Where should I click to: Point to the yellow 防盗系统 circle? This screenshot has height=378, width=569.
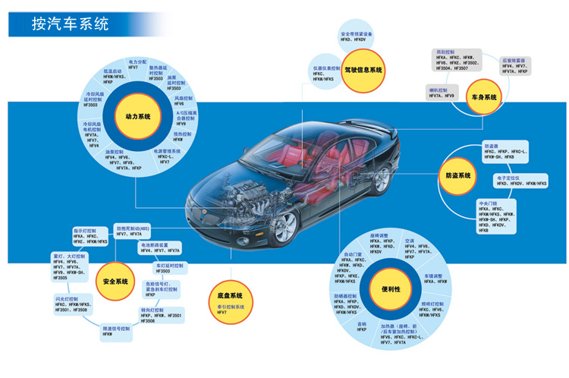point(459,175)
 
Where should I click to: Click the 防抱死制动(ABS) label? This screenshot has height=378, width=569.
point(137,228)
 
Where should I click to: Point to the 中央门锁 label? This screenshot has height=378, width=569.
point(489,203)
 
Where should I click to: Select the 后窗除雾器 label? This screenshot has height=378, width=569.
point(516,60)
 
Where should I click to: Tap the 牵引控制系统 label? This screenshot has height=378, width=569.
point(226,306)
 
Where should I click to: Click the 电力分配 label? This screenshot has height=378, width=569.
point(137,60)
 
